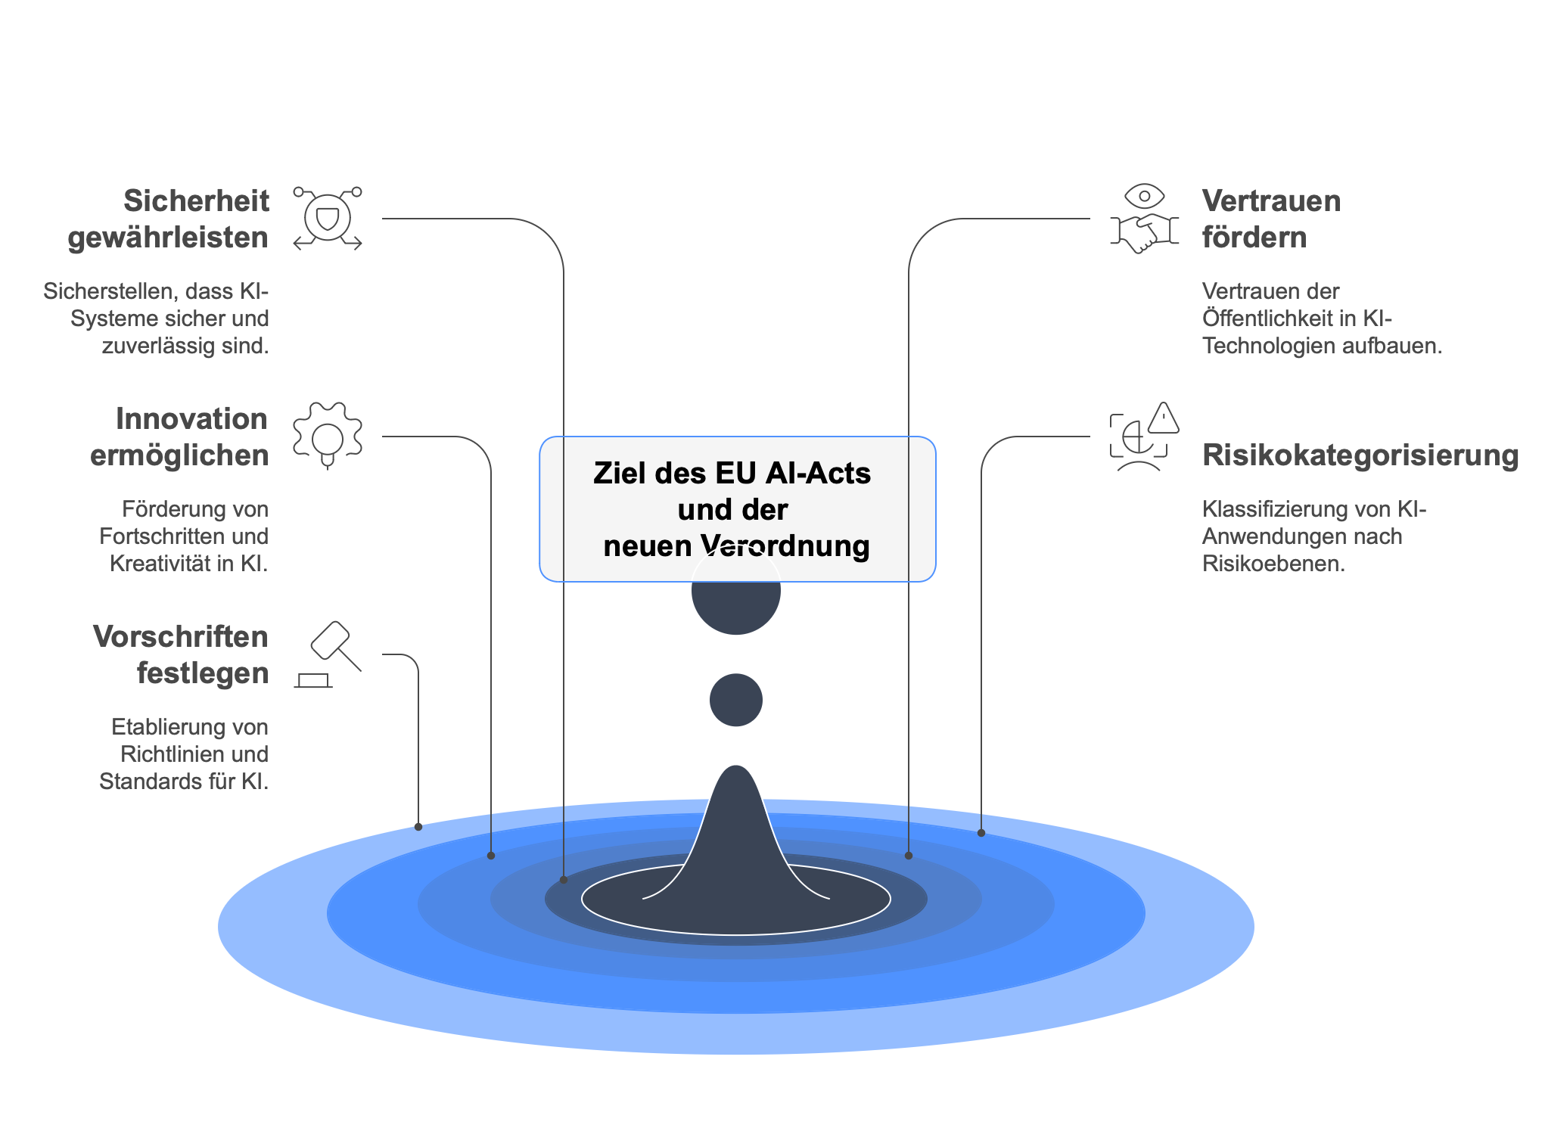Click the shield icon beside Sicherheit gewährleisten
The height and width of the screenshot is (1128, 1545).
327,219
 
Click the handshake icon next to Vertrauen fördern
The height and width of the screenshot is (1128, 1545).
1144,232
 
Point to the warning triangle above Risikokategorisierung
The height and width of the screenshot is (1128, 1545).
1163,418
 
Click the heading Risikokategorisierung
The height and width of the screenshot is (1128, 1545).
1360,455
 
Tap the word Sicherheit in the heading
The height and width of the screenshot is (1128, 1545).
196,201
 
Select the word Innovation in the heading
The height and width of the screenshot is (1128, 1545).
191,419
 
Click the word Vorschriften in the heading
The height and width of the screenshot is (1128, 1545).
180,637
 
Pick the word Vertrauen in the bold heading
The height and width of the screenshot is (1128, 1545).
1271,201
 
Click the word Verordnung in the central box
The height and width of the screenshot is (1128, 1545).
785,545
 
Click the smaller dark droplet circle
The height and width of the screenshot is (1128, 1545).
735,700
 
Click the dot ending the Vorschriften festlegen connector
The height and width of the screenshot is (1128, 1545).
418,827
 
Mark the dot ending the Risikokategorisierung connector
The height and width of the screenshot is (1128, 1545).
981,833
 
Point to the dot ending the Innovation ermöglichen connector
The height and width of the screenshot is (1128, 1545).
491,856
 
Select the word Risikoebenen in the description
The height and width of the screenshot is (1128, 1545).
1273,564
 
